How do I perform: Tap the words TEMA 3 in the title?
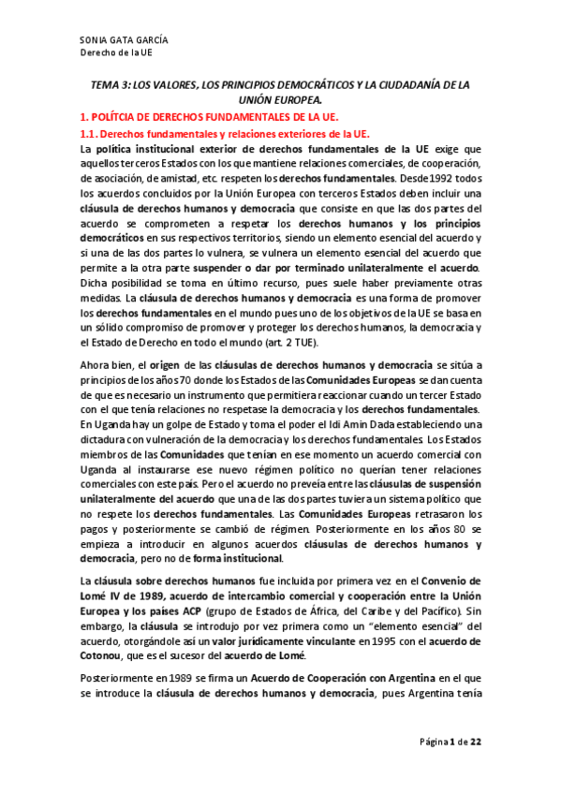(x=110, y=84)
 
